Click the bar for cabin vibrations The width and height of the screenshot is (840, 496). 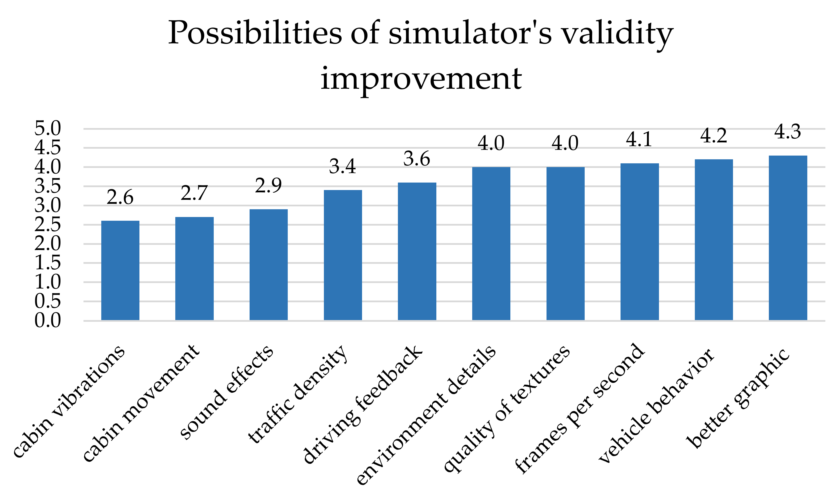pos(120,270)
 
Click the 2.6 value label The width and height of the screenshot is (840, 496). pos(120,197)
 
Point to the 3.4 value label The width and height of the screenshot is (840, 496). pos(343,166)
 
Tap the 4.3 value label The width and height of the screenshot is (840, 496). pos(788,132)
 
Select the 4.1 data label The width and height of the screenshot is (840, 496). pos(639,139)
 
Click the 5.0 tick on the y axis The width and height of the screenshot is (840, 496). pos(48,128)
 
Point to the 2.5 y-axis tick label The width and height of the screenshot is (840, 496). pos(48,224)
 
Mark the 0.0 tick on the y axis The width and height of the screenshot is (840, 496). pos(48,320)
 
